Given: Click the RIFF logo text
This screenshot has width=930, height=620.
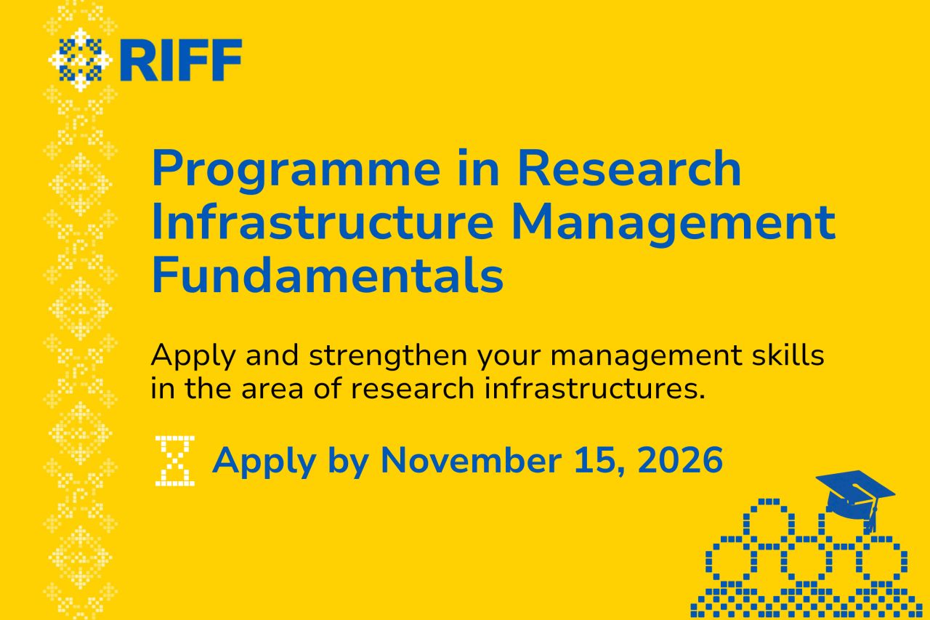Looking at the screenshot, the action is point(181,60).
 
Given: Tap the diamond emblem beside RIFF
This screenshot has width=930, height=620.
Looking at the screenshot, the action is point(80,60).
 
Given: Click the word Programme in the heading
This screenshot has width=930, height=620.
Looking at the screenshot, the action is point(296,170).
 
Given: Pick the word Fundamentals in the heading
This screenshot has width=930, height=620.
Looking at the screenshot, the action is point(328,275).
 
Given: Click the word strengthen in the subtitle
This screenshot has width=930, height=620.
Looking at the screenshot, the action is point(388,355).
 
